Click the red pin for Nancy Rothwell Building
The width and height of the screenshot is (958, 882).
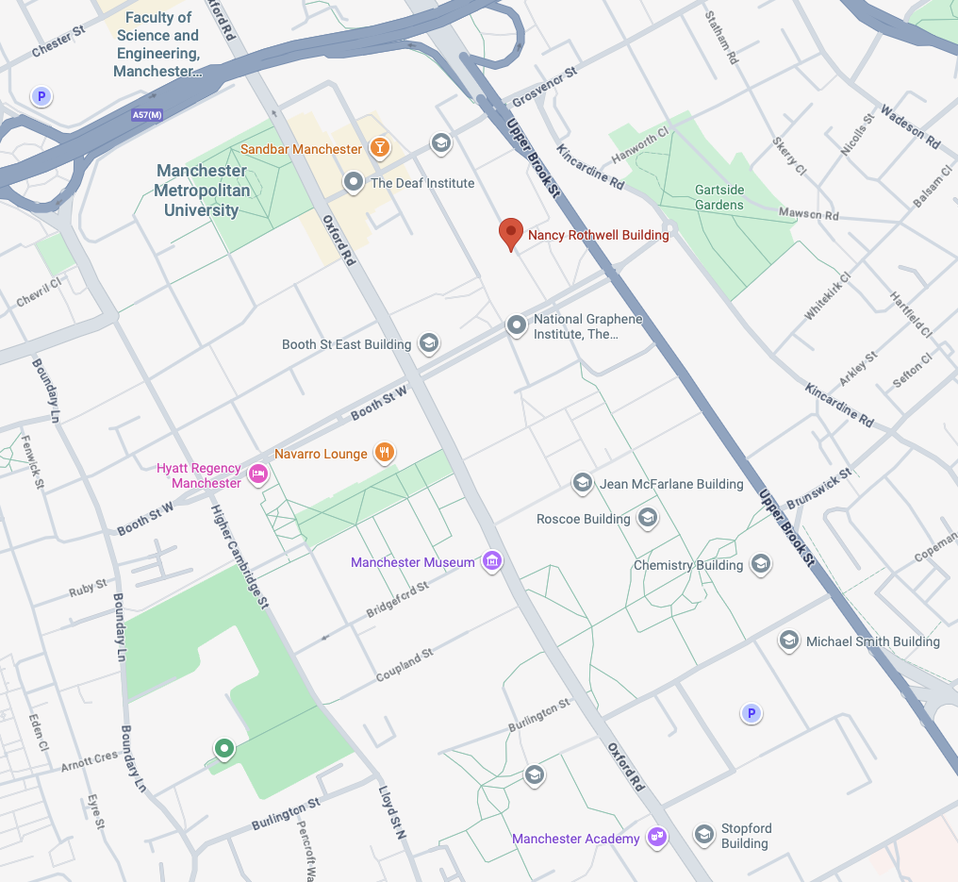510,232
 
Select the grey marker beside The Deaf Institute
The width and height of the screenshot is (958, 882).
354,182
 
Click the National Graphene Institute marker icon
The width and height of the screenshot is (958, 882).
516,326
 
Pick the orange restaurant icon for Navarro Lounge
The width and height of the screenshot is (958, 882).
384,453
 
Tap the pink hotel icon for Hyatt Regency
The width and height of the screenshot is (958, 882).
257,474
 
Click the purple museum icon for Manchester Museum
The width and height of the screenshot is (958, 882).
491,562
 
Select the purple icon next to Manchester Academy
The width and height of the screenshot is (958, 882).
657,838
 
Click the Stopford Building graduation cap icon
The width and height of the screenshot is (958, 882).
703,835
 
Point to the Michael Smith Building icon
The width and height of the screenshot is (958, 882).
788,641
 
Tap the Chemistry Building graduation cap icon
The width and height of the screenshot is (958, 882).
760,565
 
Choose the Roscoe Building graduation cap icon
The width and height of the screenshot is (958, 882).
647,518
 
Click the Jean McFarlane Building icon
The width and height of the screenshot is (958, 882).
583,484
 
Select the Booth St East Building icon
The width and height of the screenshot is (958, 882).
428,343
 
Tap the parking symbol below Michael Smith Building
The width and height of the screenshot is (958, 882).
751,713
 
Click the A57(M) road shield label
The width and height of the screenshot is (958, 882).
146,115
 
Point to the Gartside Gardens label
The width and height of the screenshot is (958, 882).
719,197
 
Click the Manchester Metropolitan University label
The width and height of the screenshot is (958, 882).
202,191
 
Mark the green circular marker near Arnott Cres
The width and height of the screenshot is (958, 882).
223,749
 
